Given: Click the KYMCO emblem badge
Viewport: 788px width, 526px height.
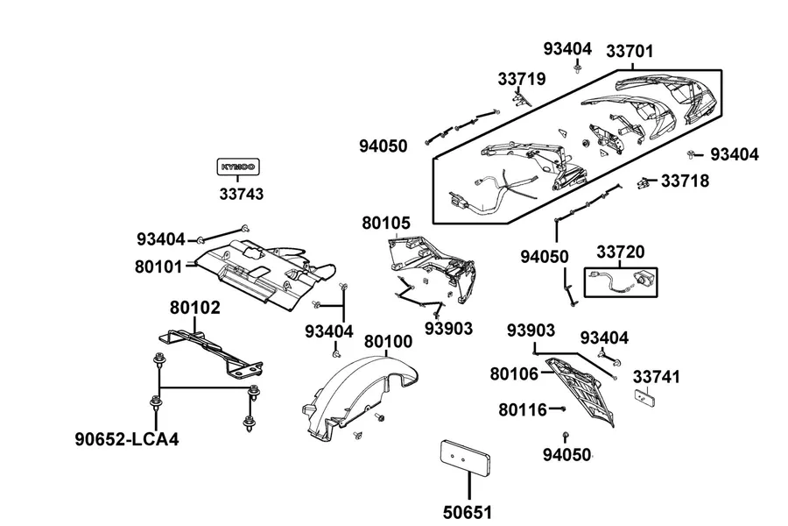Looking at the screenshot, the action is click(238, 167).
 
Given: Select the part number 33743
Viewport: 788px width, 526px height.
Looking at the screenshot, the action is click(242, 194).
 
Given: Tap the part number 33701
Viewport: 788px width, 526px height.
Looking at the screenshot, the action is click(630, 52).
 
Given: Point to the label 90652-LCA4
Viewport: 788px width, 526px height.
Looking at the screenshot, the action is click(127, 439).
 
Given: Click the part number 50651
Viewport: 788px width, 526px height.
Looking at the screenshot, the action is click(468, 513).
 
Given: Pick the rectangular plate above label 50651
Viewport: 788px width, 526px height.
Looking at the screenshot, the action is click(466, 457).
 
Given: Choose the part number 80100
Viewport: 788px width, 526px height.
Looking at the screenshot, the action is click(388, 342).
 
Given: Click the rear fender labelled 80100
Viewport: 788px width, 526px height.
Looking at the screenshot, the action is click(360, 398).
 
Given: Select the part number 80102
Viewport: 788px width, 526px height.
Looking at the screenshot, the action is click(195, 308).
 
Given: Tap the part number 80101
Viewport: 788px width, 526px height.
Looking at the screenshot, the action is click(158, 267).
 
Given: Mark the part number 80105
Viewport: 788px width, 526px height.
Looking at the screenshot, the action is click(386, 223).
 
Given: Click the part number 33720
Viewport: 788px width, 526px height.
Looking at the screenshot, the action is click(620, 252).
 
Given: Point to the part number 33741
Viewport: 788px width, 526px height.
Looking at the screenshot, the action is click(656, 377).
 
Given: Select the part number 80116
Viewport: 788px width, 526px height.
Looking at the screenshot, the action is click(522, 410).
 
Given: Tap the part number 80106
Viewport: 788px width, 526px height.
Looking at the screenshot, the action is click(514, 374).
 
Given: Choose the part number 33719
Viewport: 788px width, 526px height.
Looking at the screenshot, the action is click(522, 79).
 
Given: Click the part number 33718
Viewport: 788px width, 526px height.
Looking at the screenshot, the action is click(685, 181).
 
